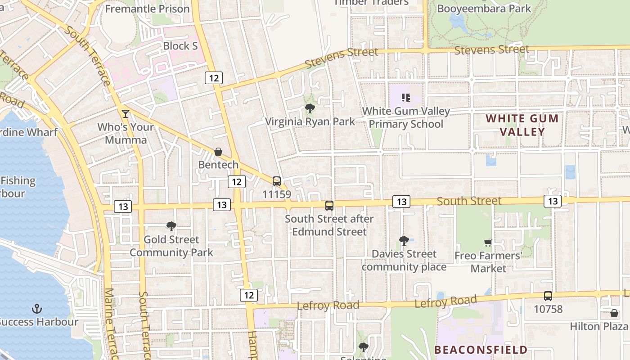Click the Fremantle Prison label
click(x=147, y=9)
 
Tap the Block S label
click(x=180, y=46)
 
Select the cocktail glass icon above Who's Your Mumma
click(x=125, y=113)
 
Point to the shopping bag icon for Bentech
click(x=218, y=152)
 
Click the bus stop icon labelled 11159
click(x=277, y=181)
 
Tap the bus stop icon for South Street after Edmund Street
click(x=329, y=206)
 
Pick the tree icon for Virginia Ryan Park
click(x=310, y=108)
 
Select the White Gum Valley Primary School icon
click(x=406, y=97)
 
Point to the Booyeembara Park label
click(x=484, y=9)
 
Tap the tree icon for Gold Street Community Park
click(x=171, y=226)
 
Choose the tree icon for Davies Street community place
click(x=404, y=241)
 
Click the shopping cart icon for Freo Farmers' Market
click(x=488, y=243)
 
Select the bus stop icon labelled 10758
click(x=548, y=296)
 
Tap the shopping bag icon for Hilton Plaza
click(x=614, y=313)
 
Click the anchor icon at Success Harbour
click(x=36, y=309)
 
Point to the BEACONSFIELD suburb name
click(x=481, y=350)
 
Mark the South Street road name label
click(x=469, y=201)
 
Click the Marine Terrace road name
click(x=110, y=324)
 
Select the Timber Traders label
click(x=371, y=2)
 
